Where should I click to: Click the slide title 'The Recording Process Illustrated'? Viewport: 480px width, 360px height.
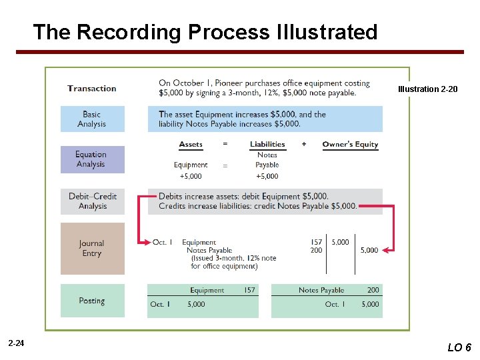click(x=205, y=32)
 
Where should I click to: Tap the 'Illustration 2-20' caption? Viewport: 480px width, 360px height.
click(x=427, y=89)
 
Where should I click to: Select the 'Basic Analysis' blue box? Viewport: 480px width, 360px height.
click(x=92, y=119)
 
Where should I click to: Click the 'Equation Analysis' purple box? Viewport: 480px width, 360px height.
click(x=92, y=159)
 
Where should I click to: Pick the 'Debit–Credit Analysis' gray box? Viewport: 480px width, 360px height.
click(x=92, y=201)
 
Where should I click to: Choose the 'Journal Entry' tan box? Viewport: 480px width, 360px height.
click(x=92, y=248)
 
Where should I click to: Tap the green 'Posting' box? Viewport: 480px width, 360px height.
click(x=92, y=301)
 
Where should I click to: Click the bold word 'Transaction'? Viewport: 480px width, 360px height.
click(x=91, y=88)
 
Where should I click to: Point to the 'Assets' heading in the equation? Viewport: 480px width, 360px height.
click(x=191, y=144)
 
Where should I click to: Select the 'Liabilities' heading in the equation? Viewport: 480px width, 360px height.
click(x=267, y=144)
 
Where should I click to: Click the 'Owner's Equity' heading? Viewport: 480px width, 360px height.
click(x=350, y=144)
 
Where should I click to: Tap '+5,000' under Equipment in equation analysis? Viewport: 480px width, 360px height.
click(x=191, y=176)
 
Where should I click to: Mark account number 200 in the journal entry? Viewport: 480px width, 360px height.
click(x=316, y=251)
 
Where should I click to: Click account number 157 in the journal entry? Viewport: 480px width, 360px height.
click(x=316, y=242)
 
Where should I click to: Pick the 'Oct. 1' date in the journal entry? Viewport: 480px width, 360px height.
click(x=163, y=242)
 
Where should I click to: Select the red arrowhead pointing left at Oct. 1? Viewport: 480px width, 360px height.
click(x=142, y=243)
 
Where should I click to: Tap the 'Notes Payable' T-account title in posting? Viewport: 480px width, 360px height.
click(x=321, y=290)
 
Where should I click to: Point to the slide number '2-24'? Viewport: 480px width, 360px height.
click(x=17, y=343)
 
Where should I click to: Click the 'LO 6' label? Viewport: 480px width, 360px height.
click(x=459, y=347)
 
